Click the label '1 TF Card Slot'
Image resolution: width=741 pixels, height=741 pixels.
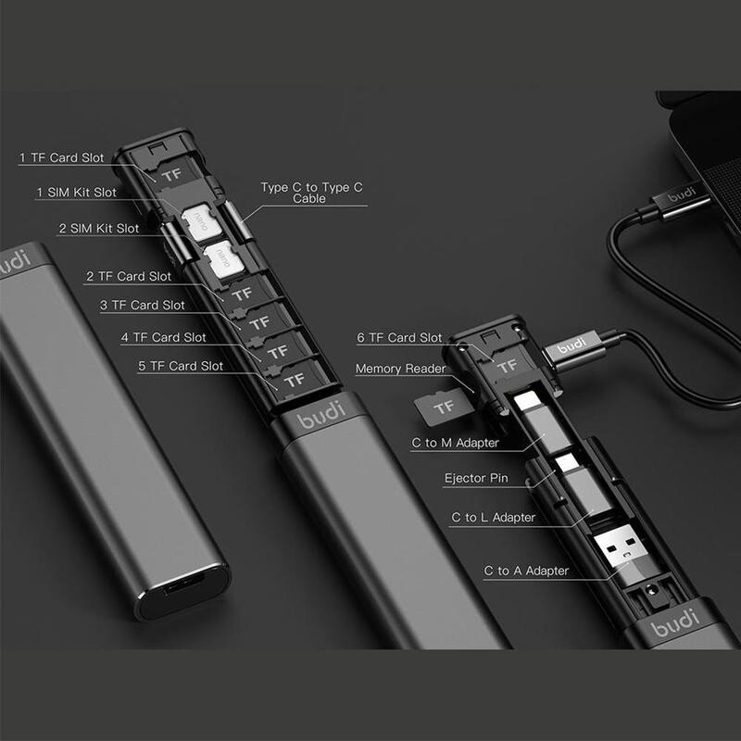(x=62, y=157)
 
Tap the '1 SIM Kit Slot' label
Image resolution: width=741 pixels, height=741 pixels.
(x=76, y=192)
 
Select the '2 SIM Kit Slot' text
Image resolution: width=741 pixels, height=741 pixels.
(x=99, y=228)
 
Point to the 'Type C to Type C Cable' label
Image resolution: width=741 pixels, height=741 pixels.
(x=305, y=193)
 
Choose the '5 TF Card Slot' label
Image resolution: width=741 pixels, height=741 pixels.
(x=181, y=366)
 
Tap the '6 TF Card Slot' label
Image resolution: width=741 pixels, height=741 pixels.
(x=399, y=337)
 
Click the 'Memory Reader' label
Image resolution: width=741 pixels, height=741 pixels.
(x=400, y=369)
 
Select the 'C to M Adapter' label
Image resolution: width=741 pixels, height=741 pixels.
(x=455, y=443)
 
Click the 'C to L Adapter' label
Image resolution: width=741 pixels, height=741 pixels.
(x=494, y=517)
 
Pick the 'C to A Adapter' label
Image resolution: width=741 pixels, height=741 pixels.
(x=526, y=571)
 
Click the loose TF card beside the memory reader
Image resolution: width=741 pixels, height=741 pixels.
(x=444, y=405)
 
